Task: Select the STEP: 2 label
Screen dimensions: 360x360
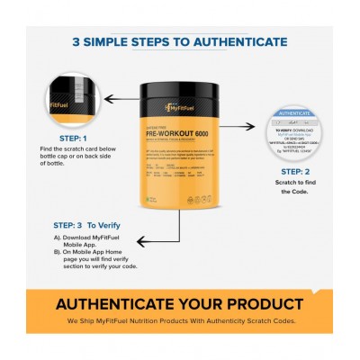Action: (x=293, y=170)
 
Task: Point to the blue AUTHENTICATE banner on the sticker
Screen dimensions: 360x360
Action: (x=293, y=114)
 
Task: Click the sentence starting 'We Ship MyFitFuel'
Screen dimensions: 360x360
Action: (x=181, y=319)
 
